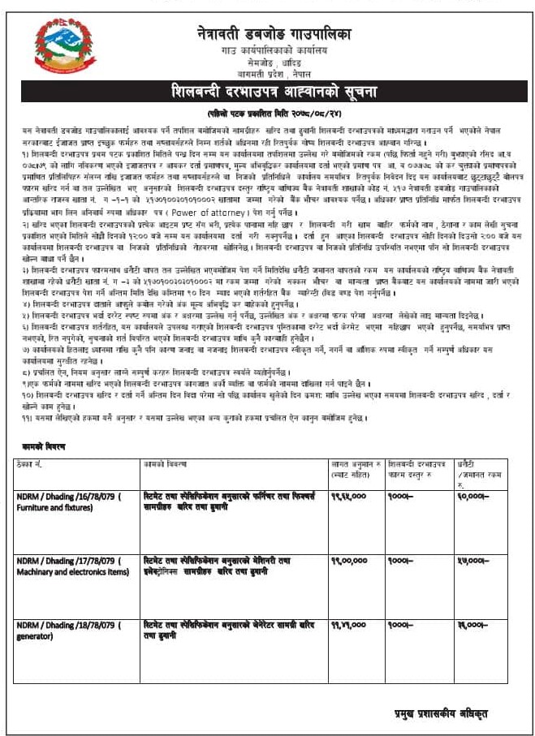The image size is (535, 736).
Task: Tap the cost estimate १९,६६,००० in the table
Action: pos(348,494)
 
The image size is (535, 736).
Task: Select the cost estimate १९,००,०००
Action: pos(348,560)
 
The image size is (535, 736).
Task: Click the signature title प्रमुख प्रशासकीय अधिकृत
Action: pos(442,712)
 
